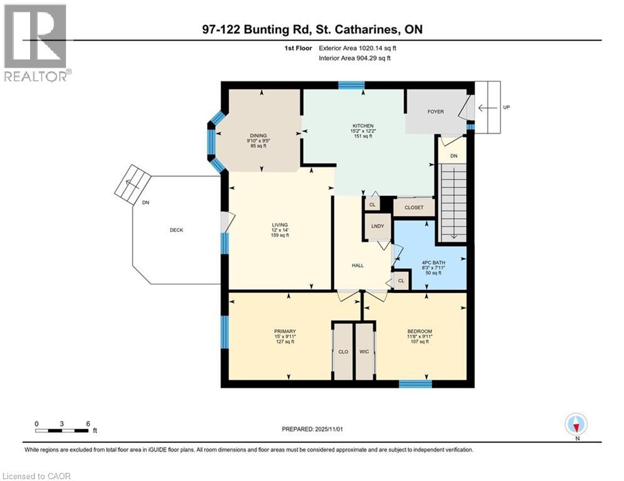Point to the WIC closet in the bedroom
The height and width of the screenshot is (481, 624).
[364, 352]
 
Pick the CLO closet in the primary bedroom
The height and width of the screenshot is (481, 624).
[343, 352]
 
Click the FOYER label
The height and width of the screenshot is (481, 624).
[435, 112]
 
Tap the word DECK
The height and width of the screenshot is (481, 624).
[176, 230]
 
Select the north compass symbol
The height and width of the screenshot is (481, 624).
[576, 425]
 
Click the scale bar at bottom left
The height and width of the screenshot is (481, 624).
[61, 430]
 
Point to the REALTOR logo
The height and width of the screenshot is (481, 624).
[36, 44]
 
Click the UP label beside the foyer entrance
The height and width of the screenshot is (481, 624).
[506, 108]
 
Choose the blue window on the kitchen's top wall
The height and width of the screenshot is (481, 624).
[351, 85]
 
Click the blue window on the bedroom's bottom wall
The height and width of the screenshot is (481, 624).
[415, 383]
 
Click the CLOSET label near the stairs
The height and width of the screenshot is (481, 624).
[413, 207]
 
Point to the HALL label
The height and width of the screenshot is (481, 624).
[357, 265]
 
